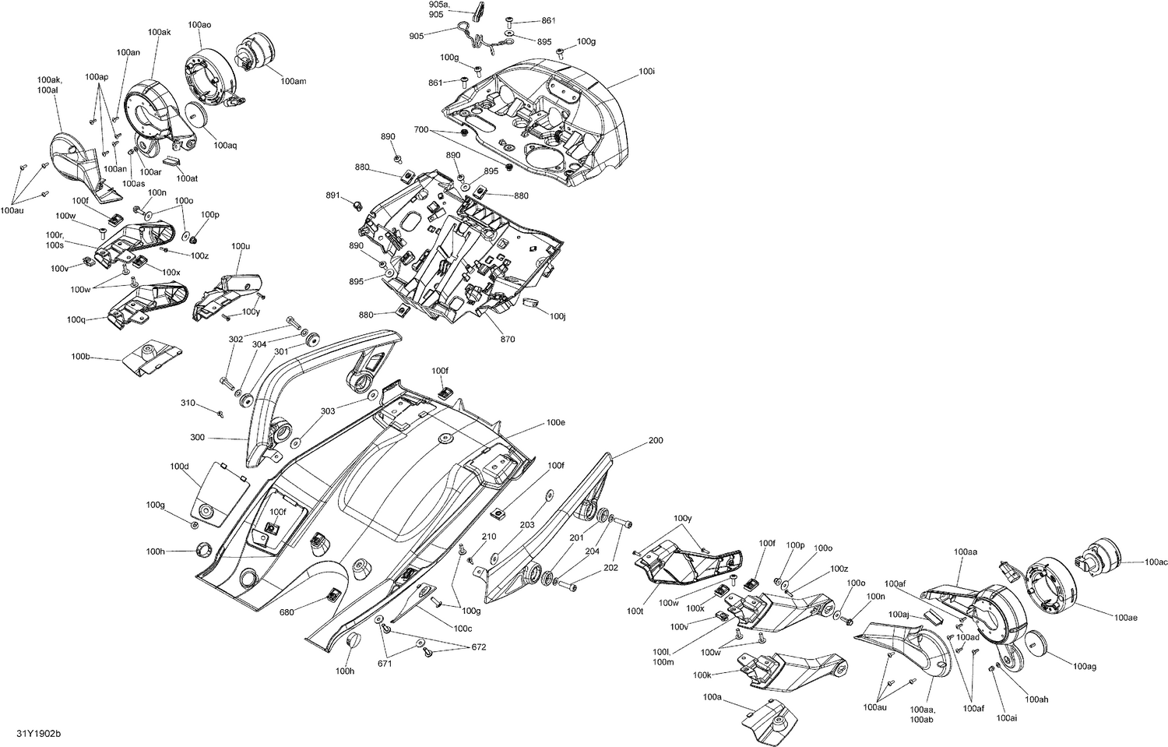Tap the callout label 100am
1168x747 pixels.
[x=293, y=81]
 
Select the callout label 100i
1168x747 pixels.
[x=646, y=71]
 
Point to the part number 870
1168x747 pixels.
[x=507, y=339]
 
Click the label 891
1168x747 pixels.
[x=333, y=195]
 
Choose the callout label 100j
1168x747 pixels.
[x=557, y=316]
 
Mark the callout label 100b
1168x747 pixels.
[x=81, y=357]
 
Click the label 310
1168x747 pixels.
[x=188, y=403]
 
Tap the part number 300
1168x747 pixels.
[x=197, y=438]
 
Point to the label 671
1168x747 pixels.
[x=385, y=664]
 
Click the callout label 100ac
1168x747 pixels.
[x=1156, y=562]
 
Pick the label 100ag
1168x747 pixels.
[x=1084, y=667]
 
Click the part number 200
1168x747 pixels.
[x=656, y=440]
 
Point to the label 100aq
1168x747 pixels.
[x=225, y=145]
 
